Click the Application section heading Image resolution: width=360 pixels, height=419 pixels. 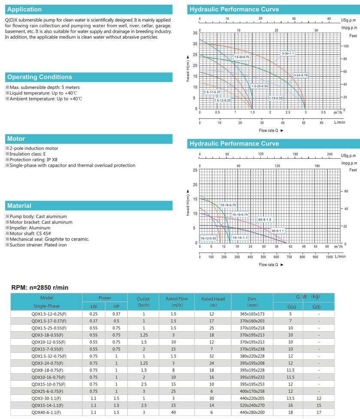tap(25, 9)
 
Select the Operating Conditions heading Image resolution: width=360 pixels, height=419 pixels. tap(39, 77)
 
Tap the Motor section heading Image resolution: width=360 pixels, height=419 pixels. tap(16, 139)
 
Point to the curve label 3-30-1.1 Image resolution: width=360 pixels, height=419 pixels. tap(288, 53)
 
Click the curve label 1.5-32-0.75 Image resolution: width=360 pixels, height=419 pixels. tap(241, 57)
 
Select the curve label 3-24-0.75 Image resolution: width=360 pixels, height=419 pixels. tap(301, 76)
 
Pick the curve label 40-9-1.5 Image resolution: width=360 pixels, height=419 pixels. tap(265, 219)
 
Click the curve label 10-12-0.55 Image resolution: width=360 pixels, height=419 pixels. tap(209, 238)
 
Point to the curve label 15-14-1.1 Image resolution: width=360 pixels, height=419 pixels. tap(240, 238)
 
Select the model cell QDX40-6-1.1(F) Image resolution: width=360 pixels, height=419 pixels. tap(47, 413)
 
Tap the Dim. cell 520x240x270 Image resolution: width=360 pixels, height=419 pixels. tap(251, 406)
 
